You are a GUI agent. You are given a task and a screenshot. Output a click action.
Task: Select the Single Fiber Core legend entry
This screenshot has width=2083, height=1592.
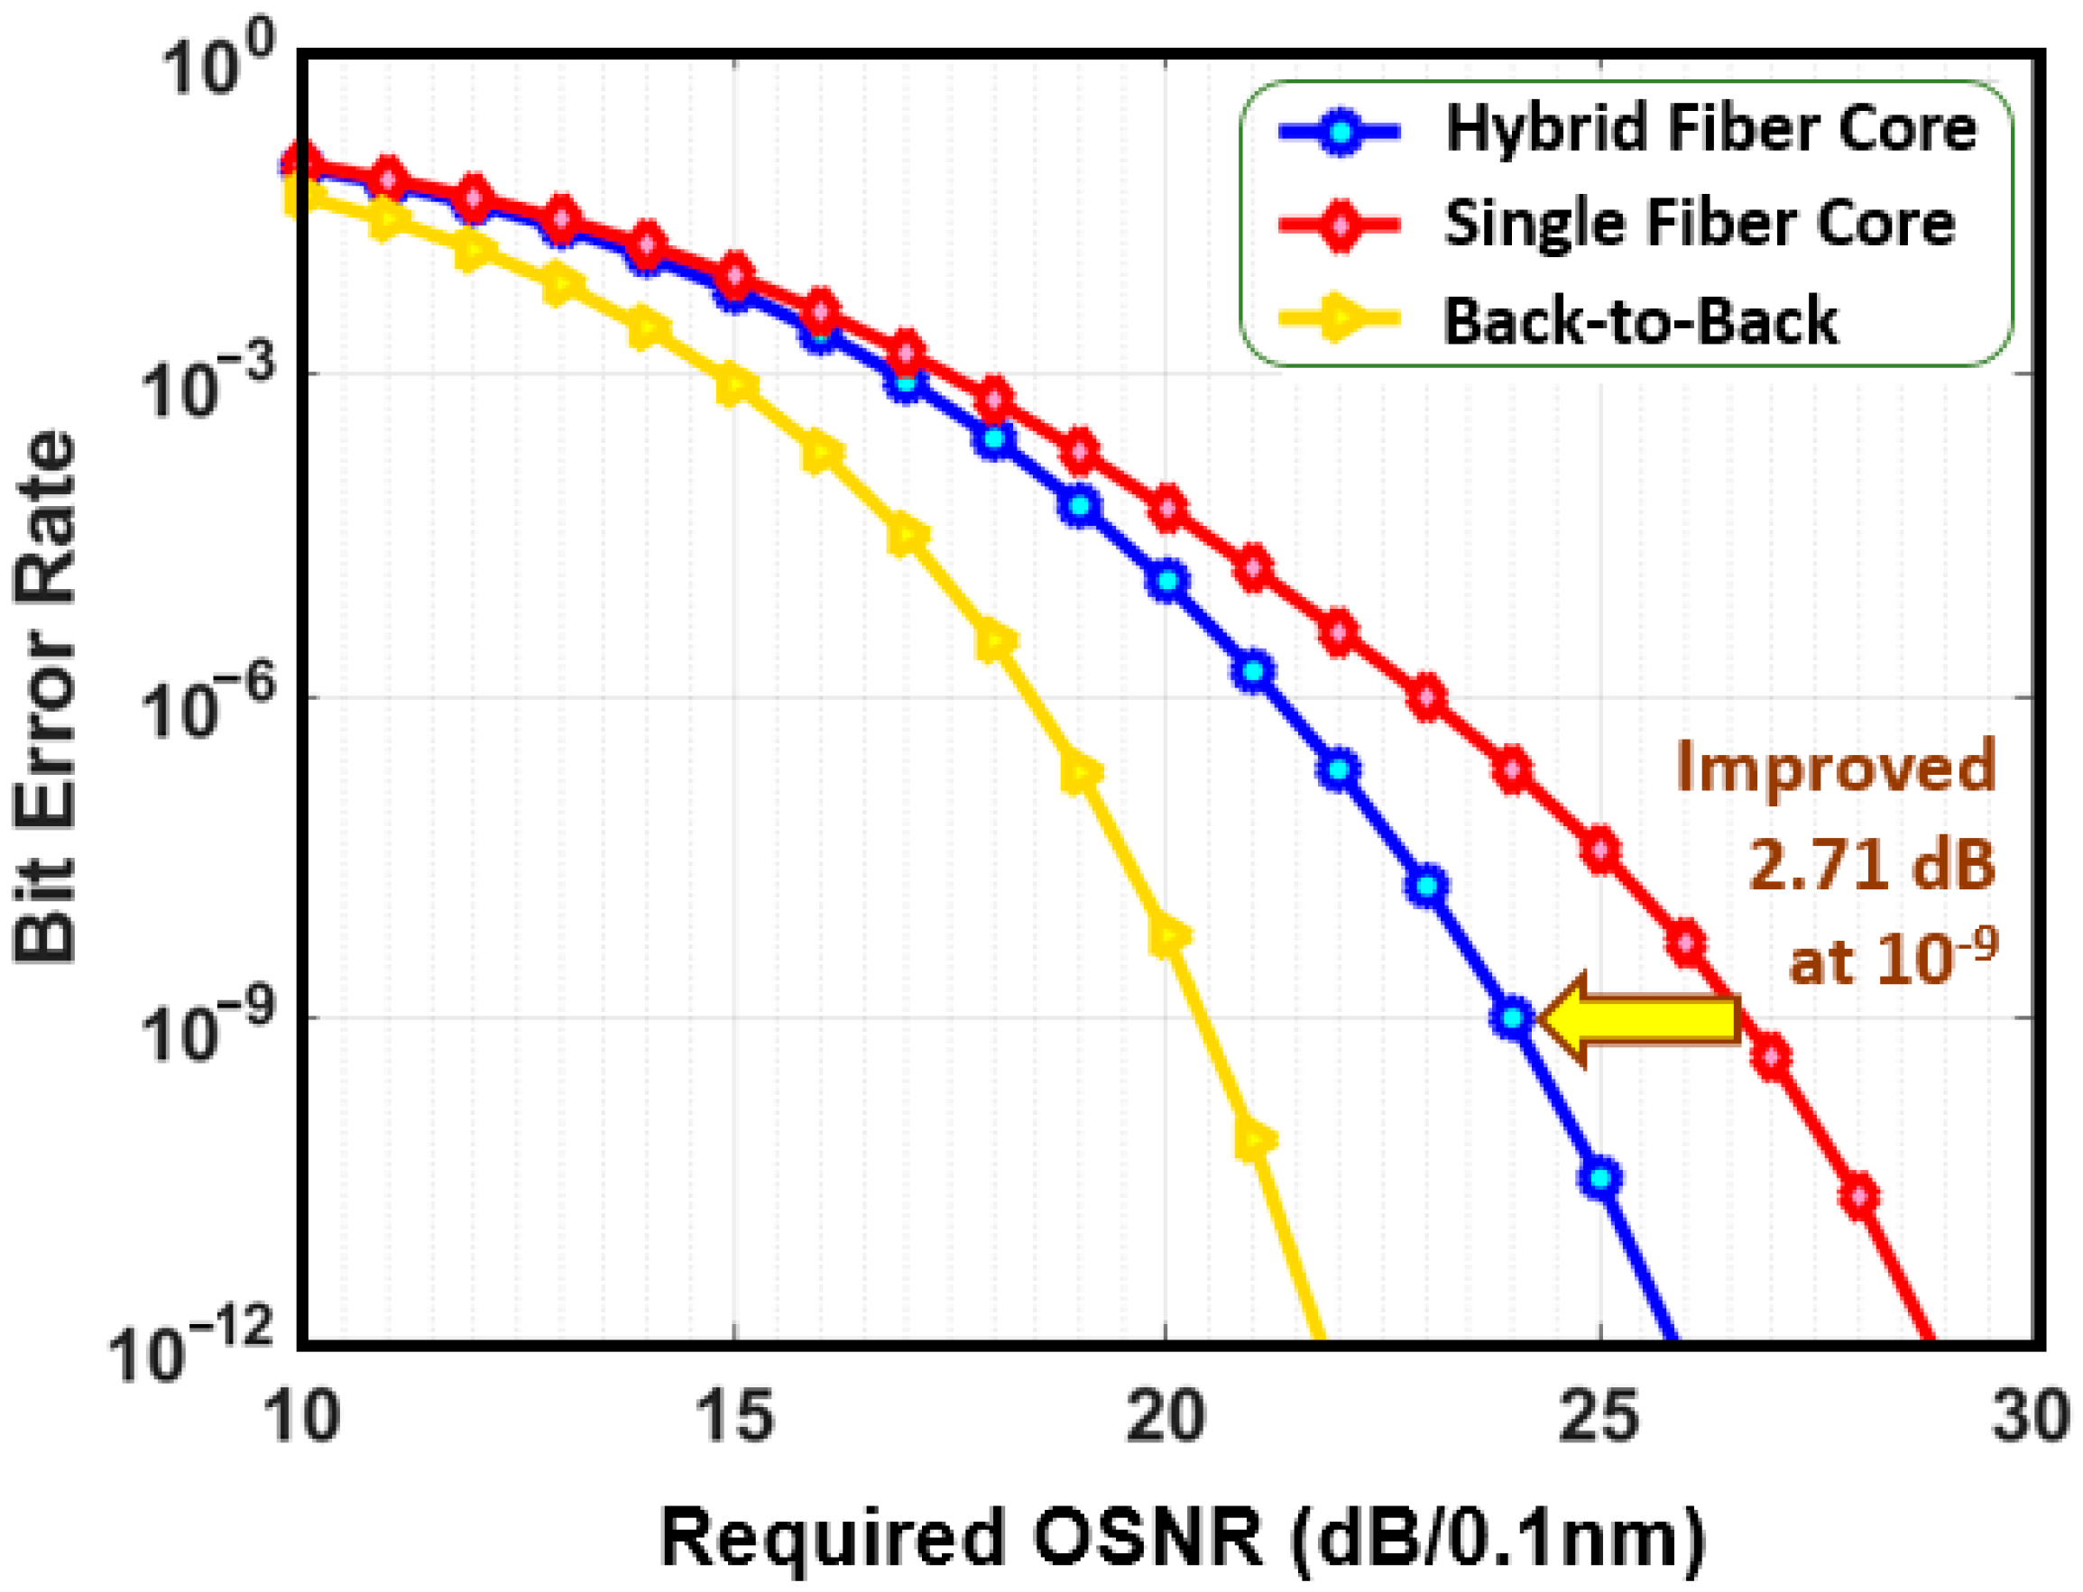[x=1697, y=225]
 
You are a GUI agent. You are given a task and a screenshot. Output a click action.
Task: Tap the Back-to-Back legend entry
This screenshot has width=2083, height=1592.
[x=1639, y=321]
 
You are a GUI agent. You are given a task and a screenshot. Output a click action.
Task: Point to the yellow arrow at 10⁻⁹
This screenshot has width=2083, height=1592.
[x=1638, y=1018]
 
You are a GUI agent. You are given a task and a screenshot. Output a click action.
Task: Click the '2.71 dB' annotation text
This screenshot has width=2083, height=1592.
[x=1871, y=864]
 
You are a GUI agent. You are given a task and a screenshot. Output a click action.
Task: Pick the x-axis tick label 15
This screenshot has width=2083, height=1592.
[x=734, y=1418]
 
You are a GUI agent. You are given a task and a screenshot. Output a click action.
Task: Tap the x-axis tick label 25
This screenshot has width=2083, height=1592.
[x=1599, y=1418]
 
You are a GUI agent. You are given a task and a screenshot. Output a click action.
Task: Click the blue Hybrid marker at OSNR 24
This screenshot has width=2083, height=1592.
[x=1514, y=1018]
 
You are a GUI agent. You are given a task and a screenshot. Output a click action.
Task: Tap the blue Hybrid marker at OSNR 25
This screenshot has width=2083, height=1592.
[x=1600, y=1179]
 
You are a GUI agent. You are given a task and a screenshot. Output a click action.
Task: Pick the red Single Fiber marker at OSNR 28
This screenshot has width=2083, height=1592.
[x=1859, y=1197]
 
